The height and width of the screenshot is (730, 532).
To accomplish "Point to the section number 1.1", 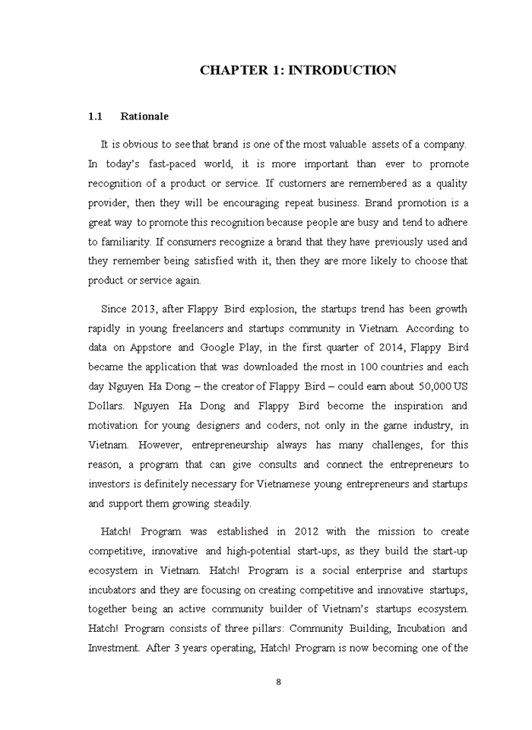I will [95, 116].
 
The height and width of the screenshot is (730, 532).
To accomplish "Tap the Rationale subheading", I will [144, 116].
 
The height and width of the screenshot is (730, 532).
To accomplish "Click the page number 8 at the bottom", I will [279, 681].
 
